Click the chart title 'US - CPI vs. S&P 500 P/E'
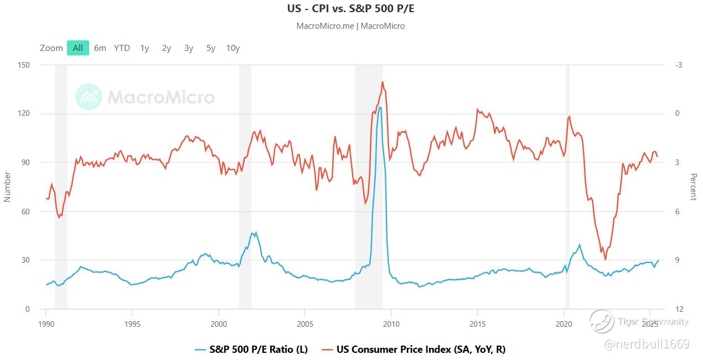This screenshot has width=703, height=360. (350, 9)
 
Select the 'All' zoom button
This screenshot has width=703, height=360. (78, 48)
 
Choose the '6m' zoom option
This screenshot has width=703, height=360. (100, 48)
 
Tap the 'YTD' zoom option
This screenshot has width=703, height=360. (122, 48)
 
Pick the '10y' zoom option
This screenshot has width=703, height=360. (233, 48)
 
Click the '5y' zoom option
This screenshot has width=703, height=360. (211, 48)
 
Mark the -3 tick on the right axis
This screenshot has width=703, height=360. (679, 65)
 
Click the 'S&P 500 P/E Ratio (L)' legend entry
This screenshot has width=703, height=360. (252, 349)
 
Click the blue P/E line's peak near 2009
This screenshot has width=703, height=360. (380, 107)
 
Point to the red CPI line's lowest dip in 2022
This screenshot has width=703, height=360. (605, 259)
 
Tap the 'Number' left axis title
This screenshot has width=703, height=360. (8, 187)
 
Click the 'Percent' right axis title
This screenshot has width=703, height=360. (693, 187)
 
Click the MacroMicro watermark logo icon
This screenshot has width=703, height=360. (89, 97)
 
